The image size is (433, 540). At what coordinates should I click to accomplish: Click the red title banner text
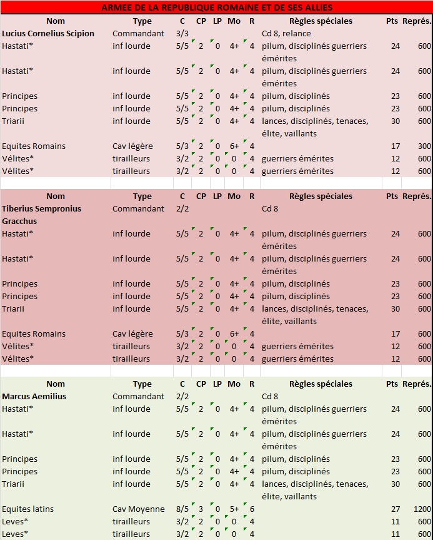point(217,8)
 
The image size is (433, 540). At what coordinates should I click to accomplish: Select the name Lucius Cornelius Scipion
point(48,33)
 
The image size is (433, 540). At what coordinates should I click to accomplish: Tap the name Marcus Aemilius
point(34,396)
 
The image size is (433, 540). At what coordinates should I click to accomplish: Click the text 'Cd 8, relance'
point(286,33)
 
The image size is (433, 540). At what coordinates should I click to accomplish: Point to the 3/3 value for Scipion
point(182,33)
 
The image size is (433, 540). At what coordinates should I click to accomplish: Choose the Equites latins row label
point(28,509)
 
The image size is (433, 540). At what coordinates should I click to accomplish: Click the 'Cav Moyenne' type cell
point(138,509)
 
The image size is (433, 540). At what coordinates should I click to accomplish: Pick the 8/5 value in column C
point(182,509)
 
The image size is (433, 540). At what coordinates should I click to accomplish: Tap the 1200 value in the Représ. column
point(422,509)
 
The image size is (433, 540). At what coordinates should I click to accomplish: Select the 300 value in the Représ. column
point(424,146)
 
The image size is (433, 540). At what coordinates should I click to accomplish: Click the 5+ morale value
point(234,509)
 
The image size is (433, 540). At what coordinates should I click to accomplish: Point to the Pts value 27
point(396,509)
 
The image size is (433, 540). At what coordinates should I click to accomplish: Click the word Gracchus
point(19,221)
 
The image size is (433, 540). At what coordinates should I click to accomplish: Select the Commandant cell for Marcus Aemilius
point(138,396)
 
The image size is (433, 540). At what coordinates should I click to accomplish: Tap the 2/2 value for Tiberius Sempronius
point(182,209)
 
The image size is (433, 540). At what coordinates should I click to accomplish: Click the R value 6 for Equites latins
point(252,509)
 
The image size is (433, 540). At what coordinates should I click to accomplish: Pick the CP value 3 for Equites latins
point(201,509)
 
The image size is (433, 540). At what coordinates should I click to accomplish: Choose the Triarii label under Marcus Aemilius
point(13,484)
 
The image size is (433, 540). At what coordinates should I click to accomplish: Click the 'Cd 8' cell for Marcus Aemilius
point(270,396)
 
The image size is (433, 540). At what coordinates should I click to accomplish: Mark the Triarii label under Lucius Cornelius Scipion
point(13,121)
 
